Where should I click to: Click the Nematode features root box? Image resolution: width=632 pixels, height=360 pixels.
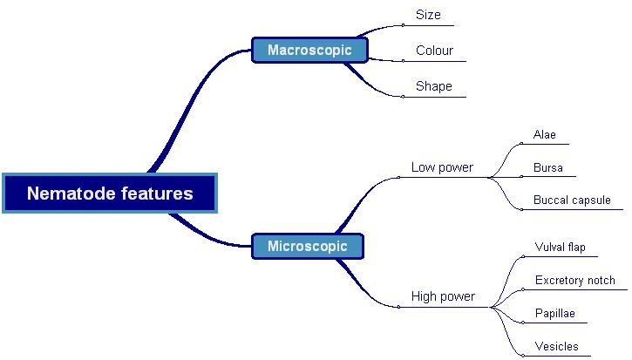point(109,193)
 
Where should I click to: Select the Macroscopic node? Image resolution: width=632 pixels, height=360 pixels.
point(309,50)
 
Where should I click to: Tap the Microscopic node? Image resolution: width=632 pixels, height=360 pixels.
point(307,246)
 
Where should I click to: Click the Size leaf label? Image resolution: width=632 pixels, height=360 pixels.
point(428,15)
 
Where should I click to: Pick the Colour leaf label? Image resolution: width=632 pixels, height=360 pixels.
point(434,51)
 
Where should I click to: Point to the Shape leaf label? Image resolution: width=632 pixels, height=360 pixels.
point(433,86)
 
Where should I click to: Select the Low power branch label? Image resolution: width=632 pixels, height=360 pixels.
point(442,167)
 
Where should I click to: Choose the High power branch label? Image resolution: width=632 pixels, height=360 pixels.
point(443,296)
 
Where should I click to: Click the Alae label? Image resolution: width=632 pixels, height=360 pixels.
point(545,135)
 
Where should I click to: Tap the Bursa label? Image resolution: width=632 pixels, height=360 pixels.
point(548,167)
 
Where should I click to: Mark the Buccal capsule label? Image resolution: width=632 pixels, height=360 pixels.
point(572,200)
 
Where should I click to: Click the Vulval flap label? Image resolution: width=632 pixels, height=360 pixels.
point(560,248)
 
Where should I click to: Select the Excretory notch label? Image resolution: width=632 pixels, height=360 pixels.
point(574,281)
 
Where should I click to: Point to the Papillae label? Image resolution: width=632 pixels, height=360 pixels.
point(554,314)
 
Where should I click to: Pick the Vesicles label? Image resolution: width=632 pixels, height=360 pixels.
point(556,346)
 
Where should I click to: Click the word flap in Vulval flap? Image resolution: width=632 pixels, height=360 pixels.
point(576,248)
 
